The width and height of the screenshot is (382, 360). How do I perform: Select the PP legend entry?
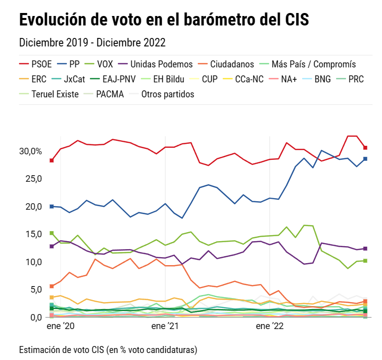point(74,64)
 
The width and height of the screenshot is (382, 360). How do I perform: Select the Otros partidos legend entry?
point(168,94)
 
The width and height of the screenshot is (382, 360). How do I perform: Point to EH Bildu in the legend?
point(168,79)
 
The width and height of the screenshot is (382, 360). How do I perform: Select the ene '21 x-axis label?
point(165,327)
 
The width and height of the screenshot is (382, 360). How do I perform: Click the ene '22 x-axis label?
point(270,327)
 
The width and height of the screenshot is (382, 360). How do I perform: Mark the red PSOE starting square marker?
point(51,160)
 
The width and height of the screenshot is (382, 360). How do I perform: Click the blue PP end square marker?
point(365,159)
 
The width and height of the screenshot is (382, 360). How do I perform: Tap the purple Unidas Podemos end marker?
point(365,248)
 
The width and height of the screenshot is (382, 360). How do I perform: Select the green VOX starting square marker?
point(51,233)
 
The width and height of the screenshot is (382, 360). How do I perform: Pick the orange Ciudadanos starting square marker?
point(51,286)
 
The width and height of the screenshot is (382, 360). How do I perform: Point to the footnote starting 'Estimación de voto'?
point(108,349)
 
